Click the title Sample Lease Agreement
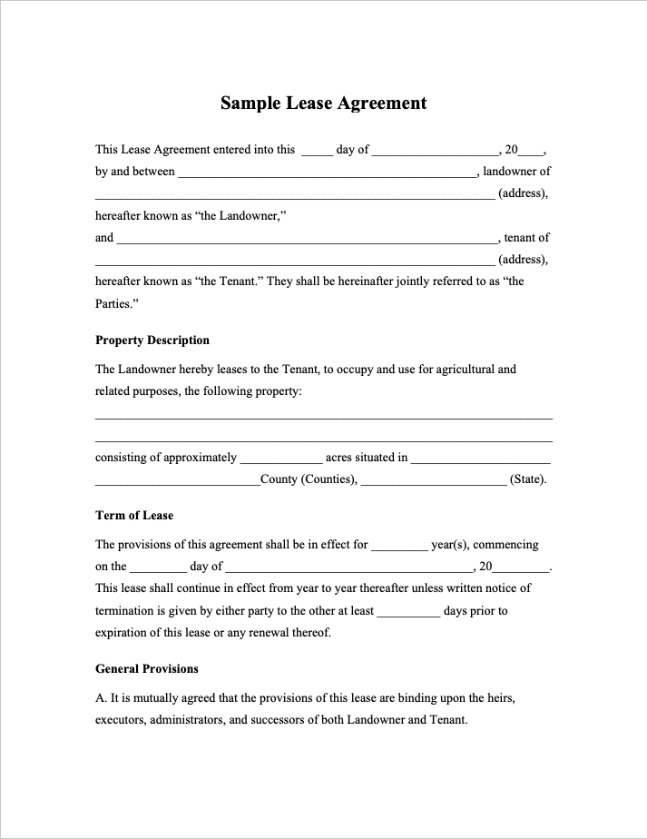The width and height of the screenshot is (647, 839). (323, 103)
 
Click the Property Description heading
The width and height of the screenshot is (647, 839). (152, 341)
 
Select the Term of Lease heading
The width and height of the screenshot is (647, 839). (134, 516)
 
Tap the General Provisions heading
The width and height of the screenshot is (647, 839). (147, 669)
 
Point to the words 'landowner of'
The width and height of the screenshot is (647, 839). (517, 172)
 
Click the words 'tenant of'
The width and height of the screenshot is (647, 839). (527, 238)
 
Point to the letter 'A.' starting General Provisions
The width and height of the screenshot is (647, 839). (101, 698)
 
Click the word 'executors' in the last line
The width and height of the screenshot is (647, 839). (122, 720)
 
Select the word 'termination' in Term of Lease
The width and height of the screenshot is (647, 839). (126, 611)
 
